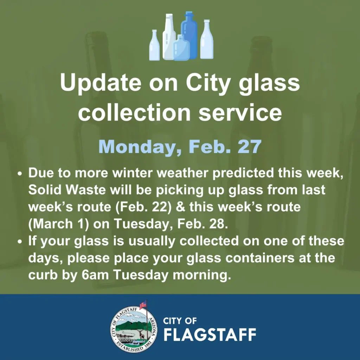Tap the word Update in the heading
tap(101, 83)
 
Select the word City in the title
tap(207, 83)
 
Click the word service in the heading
tap(240, 112)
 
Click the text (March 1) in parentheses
tap(59, 224)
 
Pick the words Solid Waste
tap(67, 190)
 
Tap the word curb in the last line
tap(43, 275)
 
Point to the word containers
tap(260, 258)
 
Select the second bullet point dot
tap(20, 242)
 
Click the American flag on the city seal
tap(143, 304)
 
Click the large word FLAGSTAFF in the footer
tap(210, 335)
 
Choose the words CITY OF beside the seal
tap(180, 321)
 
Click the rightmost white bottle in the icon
tap(207, 39)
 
